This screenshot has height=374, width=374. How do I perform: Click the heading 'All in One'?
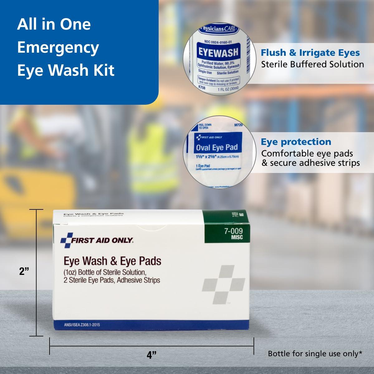click(54, 24)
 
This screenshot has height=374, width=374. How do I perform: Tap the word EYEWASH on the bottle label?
click(218, 52)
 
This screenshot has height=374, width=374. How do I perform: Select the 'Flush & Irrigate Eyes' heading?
click(310, 53)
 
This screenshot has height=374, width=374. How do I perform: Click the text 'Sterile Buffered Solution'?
click(312, 64)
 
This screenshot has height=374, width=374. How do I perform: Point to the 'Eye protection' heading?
click(296, 142)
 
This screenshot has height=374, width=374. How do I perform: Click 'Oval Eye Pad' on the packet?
click(217, 147)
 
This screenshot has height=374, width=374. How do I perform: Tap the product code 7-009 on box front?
click(233, 231)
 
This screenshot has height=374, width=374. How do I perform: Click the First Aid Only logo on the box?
click(97, 240)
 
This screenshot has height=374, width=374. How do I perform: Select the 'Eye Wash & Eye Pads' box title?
click(112, 261)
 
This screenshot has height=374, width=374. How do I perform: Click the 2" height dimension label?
click(24, 271)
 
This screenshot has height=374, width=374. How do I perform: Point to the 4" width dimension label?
click(151, 355)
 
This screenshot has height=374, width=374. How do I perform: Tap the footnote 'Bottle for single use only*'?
click(315, 353)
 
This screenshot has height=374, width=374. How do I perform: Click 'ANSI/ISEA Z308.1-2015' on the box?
click(82, 325)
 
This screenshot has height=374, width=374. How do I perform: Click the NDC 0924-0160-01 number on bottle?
click(218, 42)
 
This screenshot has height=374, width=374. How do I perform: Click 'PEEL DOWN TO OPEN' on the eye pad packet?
click(205, 126)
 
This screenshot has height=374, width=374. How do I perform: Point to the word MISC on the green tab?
click(237, 237)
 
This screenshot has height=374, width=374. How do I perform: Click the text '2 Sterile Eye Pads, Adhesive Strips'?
click(112, 280)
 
